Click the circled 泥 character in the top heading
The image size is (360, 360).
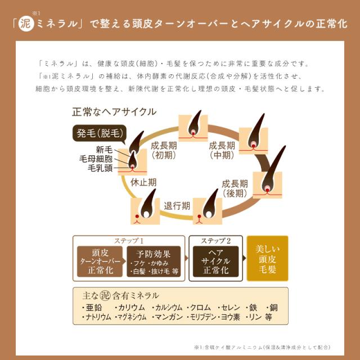click(26, 25)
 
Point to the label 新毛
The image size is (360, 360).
click(104, 150)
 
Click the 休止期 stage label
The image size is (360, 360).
click(143, 182)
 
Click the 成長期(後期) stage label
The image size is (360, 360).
click(235, 188)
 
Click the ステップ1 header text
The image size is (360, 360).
click(129, 240)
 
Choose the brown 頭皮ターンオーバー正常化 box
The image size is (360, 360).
click(99, 262)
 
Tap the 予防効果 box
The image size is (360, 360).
click(154, 262)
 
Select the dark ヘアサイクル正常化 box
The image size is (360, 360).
click(216, 262)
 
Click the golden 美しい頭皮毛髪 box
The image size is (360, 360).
click(267, 258)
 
